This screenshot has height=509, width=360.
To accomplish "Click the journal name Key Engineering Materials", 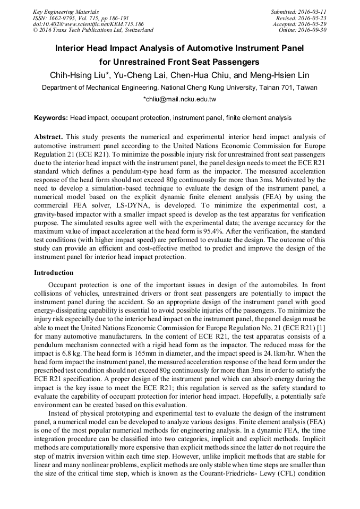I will [x=65, y=11].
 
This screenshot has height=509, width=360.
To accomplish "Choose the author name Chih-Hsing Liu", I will [x=79, y=74].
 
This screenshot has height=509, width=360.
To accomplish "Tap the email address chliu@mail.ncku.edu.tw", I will [x=181, y=99].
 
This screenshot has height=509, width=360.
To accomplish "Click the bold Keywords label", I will [x=51, y=117].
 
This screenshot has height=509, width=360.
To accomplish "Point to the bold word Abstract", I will [x=49, y=137].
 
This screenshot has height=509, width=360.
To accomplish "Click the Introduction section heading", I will [x=54, y=273].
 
